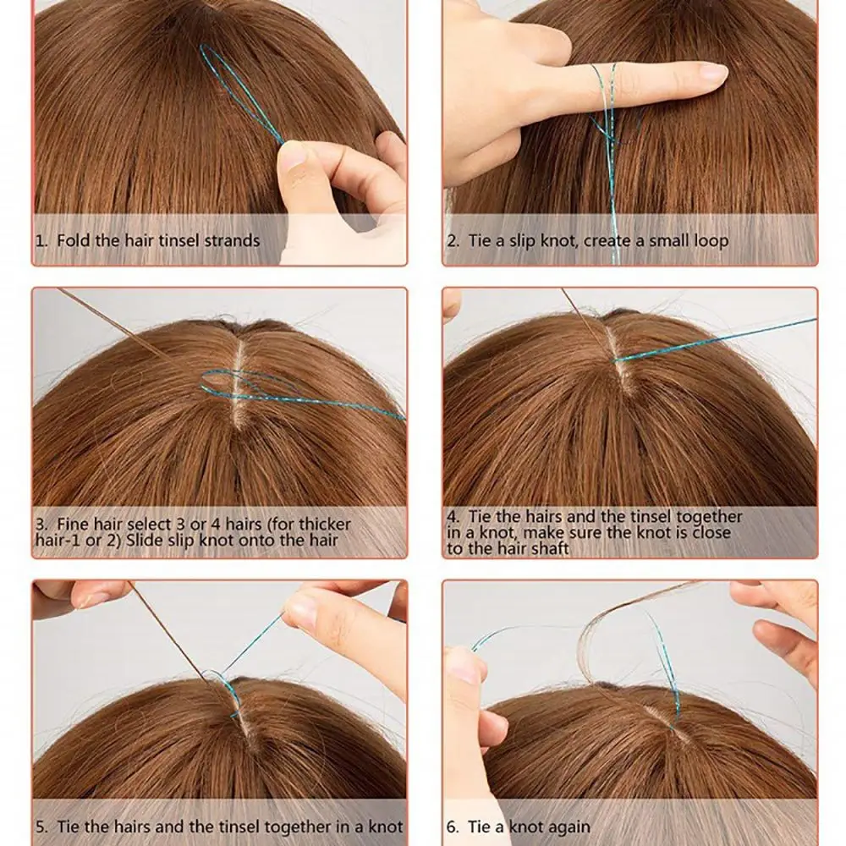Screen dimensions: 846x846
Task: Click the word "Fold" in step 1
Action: click(x=74, y=240)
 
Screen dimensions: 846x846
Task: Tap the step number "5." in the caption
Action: click(x=42, y=827)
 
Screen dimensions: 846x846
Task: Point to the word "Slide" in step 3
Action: click(x=143, y=540)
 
